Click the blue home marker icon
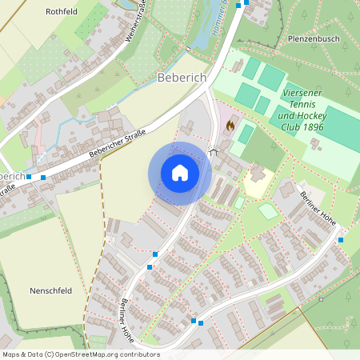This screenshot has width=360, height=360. click(180, 172)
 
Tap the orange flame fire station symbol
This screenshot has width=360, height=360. click(230, 126)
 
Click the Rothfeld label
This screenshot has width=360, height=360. click(62, 12)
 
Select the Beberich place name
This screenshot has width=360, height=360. click(182, 78)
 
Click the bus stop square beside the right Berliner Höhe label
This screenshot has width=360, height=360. click(341, 239)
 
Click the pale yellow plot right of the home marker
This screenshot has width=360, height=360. click(258, 185)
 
